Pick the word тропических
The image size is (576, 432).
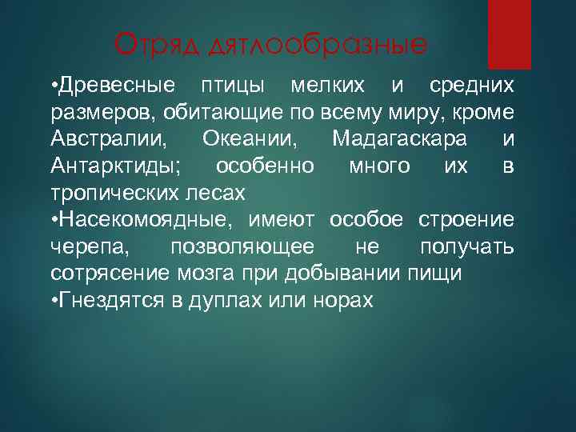[x=116, y=194]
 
